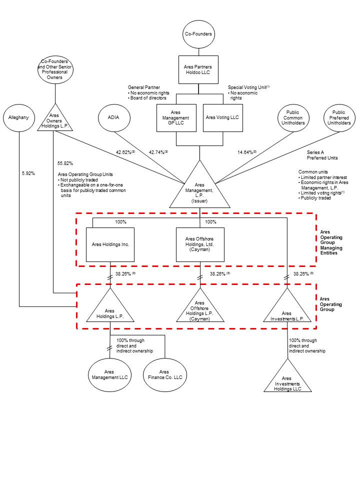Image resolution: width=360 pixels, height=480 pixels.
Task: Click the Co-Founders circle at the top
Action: pos(199,34)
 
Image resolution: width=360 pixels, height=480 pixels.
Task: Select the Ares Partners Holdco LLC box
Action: pos(199,69)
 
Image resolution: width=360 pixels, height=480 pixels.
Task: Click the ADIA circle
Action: pos(115,117)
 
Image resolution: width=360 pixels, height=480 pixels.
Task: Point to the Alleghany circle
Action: pos(19,118)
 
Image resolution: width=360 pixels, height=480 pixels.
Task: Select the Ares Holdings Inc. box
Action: pos(110,244)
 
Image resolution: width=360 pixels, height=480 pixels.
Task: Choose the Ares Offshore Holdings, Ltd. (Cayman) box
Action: pos(200,244)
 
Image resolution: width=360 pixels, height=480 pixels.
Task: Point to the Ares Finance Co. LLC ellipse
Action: pos(164,375)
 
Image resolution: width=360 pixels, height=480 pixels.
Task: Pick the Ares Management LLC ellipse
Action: pos(110,375)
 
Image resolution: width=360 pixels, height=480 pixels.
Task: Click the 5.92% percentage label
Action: pos(28,173)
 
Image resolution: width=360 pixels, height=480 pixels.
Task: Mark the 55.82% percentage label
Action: pos(65,163)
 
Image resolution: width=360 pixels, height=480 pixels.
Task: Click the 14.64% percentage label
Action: pos(246,152)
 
